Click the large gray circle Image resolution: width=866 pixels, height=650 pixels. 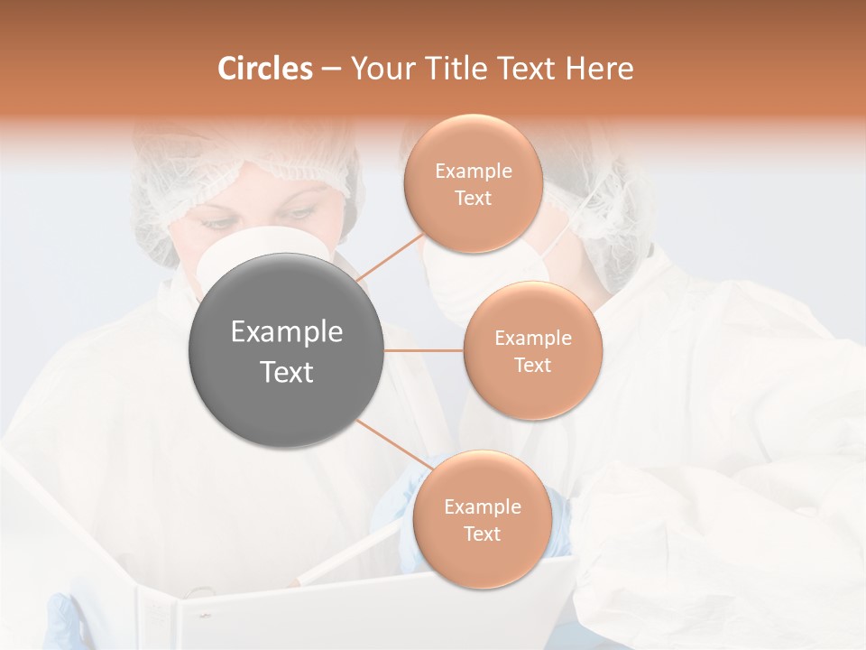(287, 350)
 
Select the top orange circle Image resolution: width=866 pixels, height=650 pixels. (473, 183)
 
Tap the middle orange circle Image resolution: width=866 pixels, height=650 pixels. (532, 350)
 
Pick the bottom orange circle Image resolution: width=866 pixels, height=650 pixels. (482, 519)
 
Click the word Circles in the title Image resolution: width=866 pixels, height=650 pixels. (264, 69)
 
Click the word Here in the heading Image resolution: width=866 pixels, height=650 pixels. (599, 69)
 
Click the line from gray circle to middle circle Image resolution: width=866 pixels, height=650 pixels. (424, 350)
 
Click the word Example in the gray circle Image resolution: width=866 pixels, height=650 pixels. (287, 332)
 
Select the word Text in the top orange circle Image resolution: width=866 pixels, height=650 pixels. (473, 198)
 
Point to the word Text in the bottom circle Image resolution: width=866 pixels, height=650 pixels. (482, 534)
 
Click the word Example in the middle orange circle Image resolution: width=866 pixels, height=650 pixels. (532, 338)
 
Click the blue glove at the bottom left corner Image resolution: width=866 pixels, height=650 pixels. (63, 623)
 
